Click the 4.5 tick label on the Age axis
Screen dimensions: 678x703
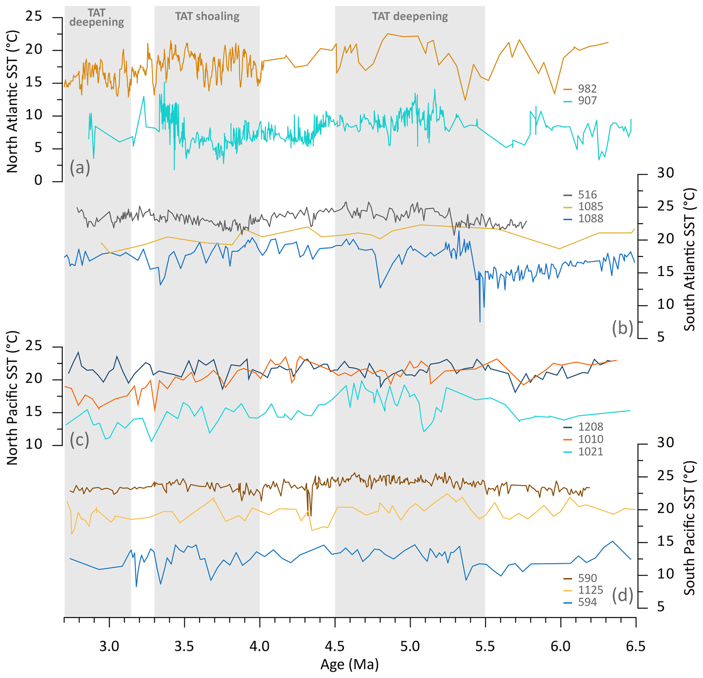tap(335, 646)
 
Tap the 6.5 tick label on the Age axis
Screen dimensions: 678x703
tap(635, 646)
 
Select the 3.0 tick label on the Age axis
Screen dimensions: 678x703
tap(109, 646)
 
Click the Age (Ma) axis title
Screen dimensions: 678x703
tap(349, 665)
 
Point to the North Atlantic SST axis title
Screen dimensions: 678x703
tap(12, 102)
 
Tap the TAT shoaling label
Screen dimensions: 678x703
tap(207, 17)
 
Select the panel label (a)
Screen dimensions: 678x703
tap(80, 167)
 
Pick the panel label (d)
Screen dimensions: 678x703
tap(622, 595)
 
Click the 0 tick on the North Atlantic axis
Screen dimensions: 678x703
tap(38, 180)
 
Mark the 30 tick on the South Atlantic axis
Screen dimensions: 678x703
tap(665, 173)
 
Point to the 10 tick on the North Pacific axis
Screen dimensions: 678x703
tap(34, 445)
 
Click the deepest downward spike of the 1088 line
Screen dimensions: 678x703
tap(480, 322)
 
